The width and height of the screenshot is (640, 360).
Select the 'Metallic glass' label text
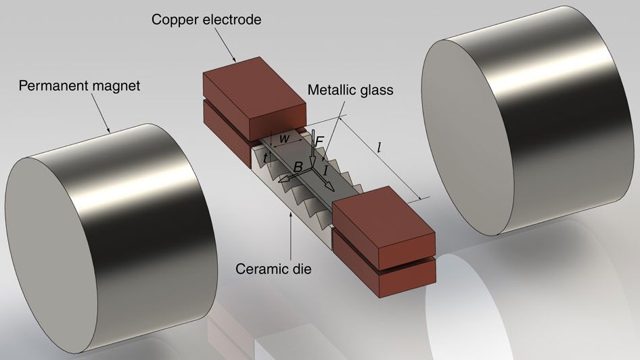(x=350, y=89)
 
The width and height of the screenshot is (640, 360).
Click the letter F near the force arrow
(x=319, y=141)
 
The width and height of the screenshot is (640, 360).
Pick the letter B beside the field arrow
(x=297, y=166)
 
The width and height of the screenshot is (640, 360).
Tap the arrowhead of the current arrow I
(x=329, y=187)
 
